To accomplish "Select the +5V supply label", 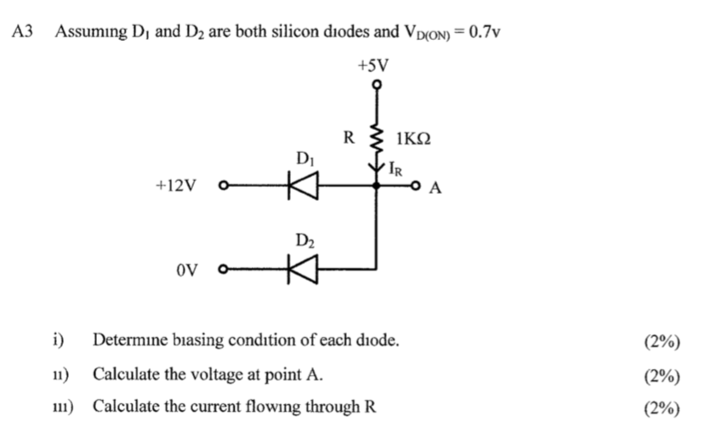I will coord(374,65).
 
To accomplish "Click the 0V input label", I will coord(188,270).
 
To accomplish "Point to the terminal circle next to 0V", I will coord(224,270).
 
